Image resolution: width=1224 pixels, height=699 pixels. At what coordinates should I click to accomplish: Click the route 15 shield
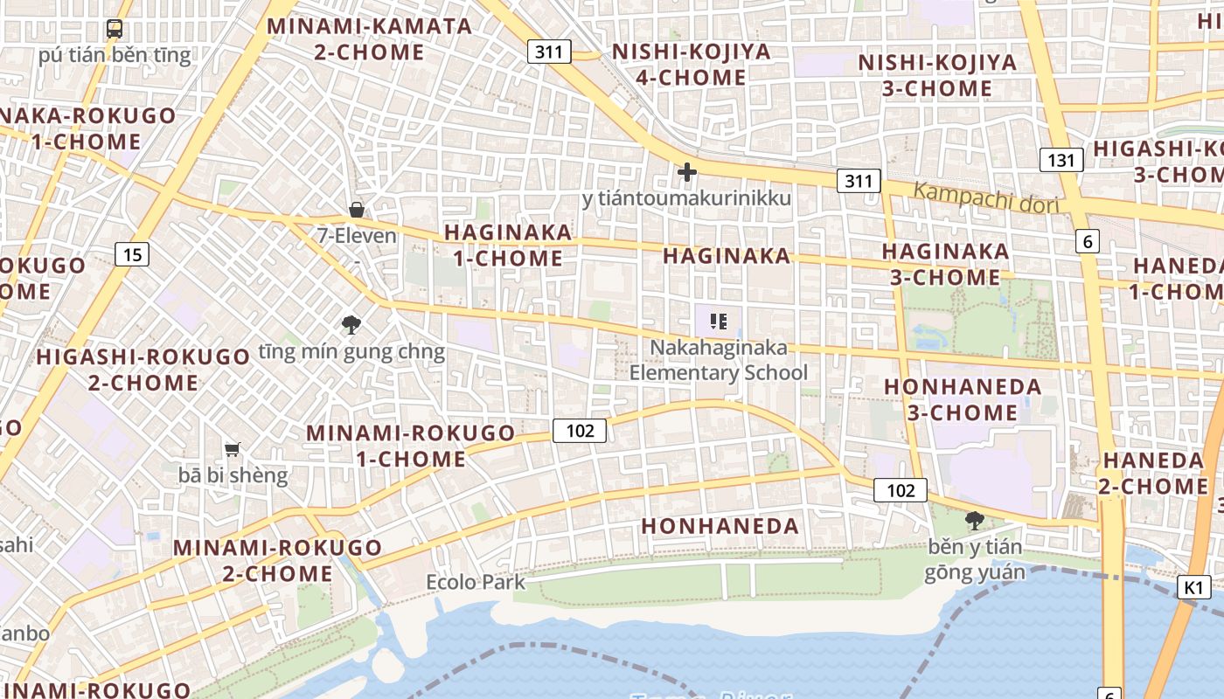tap(132, 254)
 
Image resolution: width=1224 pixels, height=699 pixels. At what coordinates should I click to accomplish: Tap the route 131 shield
tap(1061, 160)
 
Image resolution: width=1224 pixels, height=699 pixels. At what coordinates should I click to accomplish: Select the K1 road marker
tap(1194, 587)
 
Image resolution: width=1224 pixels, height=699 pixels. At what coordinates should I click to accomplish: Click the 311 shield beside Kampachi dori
tap(858, 181)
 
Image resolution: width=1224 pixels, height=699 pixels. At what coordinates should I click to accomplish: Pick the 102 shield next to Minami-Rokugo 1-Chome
tap(580, 430)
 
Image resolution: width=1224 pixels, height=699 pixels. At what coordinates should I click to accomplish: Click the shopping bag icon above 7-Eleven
tap(357, 210)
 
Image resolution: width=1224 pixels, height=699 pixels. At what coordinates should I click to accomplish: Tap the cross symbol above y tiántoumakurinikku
tap(687, 172)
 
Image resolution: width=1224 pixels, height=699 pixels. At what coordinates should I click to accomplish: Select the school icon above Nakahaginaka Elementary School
tap(719, 322)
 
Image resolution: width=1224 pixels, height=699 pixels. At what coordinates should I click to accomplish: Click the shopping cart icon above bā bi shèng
tap(232, 449)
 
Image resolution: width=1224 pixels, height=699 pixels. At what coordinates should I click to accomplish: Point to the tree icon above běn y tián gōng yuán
tap(974, 521)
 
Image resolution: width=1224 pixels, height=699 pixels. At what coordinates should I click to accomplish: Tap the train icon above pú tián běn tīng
tap(115, 29)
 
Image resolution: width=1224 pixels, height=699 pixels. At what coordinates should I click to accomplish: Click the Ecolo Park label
tap(476, 582)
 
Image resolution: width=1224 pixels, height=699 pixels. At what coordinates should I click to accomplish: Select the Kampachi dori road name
tap(986, 198)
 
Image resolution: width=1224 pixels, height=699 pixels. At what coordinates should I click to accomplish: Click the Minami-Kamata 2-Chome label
tap(369, 38)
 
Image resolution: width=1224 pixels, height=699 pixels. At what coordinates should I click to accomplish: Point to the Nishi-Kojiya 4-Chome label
tap(691, 64)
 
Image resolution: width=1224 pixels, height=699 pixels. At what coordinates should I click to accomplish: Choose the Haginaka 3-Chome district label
tap(945, 264)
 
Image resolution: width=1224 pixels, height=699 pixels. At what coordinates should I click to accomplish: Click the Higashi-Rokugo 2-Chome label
tap(143, 370)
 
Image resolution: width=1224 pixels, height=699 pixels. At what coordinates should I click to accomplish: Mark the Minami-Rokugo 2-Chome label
tap(277, 561)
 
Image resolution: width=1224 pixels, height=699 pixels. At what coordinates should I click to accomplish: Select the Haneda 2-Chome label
tap(1151, 473)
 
